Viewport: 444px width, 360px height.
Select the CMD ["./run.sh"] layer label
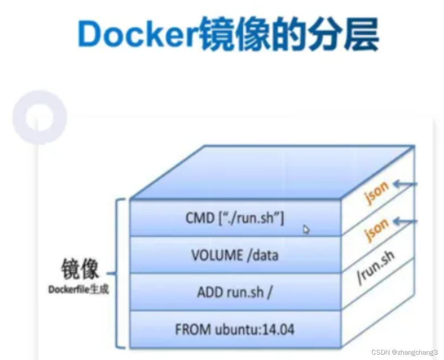[x=234, y=218]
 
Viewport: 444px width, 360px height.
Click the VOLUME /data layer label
[x=234, y=255]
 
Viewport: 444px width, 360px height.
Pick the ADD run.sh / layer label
[x=234, y=292]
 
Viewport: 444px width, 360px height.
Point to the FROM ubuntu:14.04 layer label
[x=234, y=329]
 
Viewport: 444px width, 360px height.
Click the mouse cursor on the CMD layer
[x=306, y=230]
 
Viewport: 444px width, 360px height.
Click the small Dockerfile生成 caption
[x=78, y=289]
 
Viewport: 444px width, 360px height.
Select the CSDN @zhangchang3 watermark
[x=404, y=352]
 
